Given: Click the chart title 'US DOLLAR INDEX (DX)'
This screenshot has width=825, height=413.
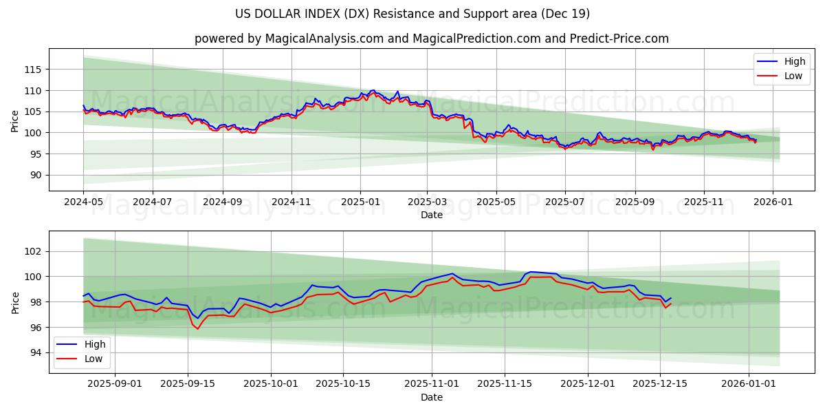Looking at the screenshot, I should click(x=412, y=14).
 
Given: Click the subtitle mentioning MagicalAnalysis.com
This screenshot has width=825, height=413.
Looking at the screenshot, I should click(x=431, y=39).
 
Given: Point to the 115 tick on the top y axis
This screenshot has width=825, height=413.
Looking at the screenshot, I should click(x=33, y=70).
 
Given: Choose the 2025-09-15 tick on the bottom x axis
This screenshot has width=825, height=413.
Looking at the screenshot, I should click(x=187, y=384).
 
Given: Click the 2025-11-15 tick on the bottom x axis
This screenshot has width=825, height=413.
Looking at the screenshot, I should click(x=504, y=384).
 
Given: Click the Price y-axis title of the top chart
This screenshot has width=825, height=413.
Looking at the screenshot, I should click(x=15, y=121).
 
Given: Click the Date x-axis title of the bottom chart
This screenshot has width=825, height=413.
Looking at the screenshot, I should click(x=431, y=397).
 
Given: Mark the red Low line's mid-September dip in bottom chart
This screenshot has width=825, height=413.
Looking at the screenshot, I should click(x=198, y=328).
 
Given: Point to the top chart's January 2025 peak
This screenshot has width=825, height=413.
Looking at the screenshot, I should click(x=373, y=90).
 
